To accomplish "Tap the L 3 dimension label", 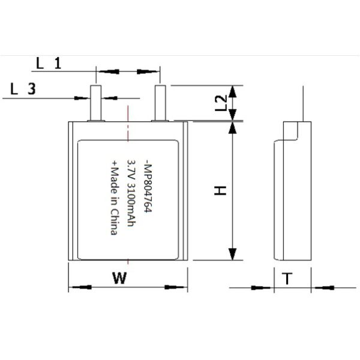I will click(x=23, y=89).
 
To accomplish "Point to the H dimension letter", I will click(x=221, y=191).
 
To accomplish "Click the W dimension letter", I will click(x=121, y=278).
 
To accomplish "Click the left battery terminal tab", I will click(x=95, y=103).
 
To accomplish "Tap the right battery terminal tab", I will click(x=160, y=103).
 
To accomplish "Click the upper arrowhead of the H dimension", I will click(x=233, y=130).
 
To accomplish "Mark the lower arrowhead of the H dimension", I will click(x=233, y=253).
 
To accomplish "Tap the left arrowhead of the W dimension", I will click(x=79, y=287).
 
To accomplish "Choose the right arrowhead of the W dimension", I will click(x=178, y=287).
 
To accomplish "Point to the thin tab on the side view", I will click(x=302, y=102).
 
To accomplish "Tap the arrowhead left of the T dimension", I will click(x=264, y=287).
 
